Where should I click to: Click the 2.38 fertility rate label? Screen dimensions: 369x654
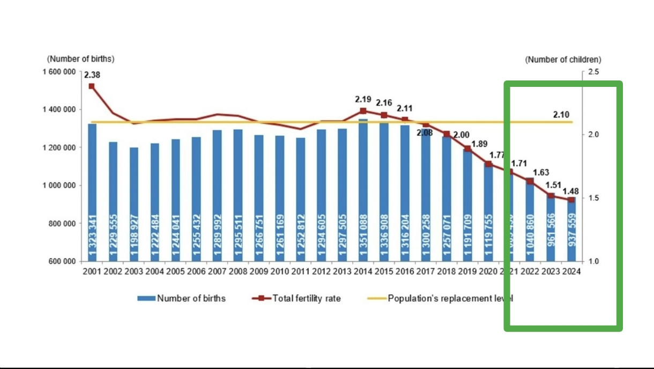click(92, 75)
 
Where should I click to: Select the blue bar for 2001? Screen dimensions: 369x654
click(92, 193)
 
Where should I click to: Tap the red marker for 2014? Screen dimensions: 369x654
click(363, 111)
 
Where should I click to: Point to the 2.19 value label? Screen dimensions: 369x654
click(363, 100)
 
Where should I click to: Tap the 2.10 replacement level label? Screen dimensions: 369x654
click(561, 114)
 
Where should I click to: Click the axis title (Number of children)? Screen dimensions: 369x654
click(563, 60)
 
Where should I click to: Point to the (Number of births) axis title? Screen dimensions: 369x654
click(81, 58)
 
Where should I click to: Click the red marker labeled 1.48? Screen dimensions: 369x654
click(571, 200)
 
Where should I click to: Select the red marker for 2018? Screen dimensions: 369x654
click(447, 134)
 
